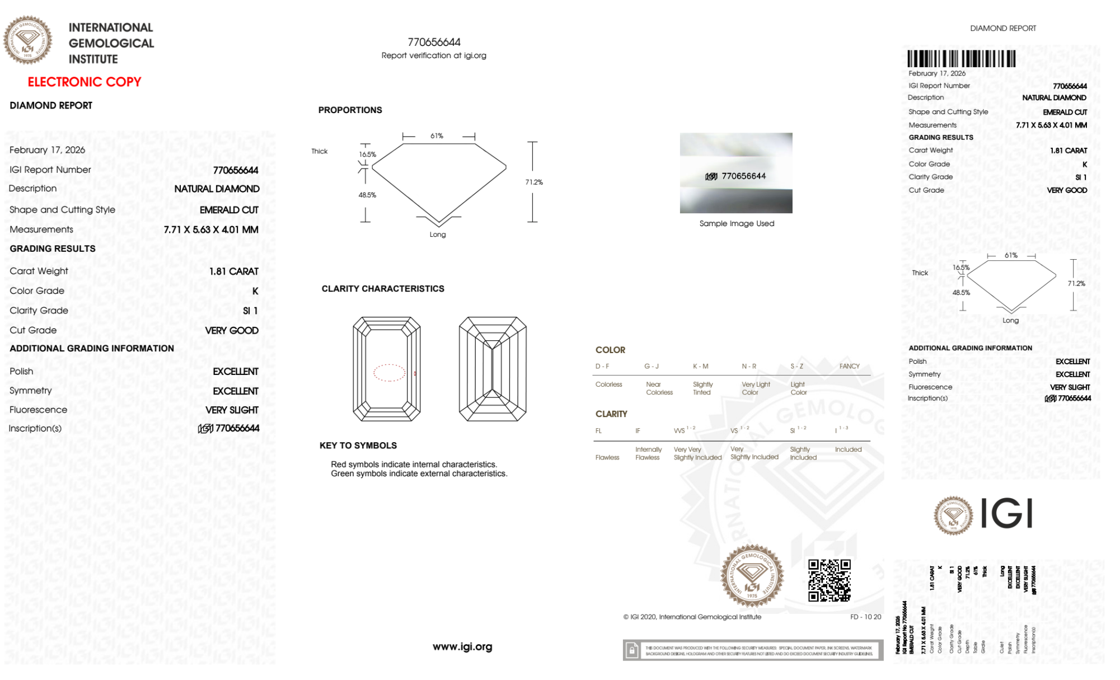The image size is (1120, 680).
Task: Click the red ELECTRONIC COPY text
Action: click(x=85, y=82)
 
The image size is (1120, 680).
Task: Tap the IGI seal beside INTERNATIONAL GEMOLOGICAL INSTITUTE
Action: click(x=27, y=40)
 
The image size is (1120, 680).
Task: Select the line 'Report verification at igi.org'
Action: click(x=434, y=55)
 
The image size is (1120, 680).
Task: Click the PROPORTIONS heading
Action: click(x=350, y=110)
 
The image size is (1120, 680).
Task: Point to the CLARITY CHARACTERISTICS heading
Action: click(x=383, y=289)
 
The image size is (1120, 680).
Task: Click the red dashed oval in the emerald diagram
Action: click(x=389, y=373)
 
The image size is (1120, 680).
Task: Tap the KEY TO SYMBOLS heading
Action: click(x=358, y=445)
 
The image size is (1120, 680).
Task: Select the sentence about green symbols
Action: click(x=419, y=473)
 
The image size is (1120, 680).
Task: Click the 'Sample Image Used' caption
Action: click(x=737, y=223)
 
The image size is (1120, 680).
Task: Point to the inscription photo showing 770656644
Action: click(x=736, y=173)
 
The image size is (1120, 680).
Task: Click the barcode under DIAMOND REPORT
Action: click(x=961, y=59)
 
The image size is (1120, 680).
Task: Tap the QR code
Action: click(x=830, y=580)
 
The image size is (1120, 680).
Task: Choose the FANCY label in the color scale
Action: click(x=849, y=366)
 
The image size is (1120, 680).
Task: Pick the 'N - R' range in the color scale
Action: click(x=749, y=366)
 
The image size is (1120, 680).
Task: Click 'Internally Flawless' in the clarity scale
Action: click(x=648, y=453)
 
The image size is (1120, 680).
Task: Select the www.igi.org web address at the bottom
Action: click(x=462, y=646)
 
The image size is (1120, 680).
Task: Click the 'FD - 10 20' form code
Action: click(x=865, y=617)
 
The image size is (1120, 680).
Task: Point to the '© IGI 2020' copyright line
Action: click(x=692, y=617)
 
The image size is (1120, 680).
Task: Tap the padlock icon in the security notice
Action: click(x=632, y=650)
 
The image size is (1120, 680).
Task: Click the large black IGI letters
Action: click(x=1007, y=513)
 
